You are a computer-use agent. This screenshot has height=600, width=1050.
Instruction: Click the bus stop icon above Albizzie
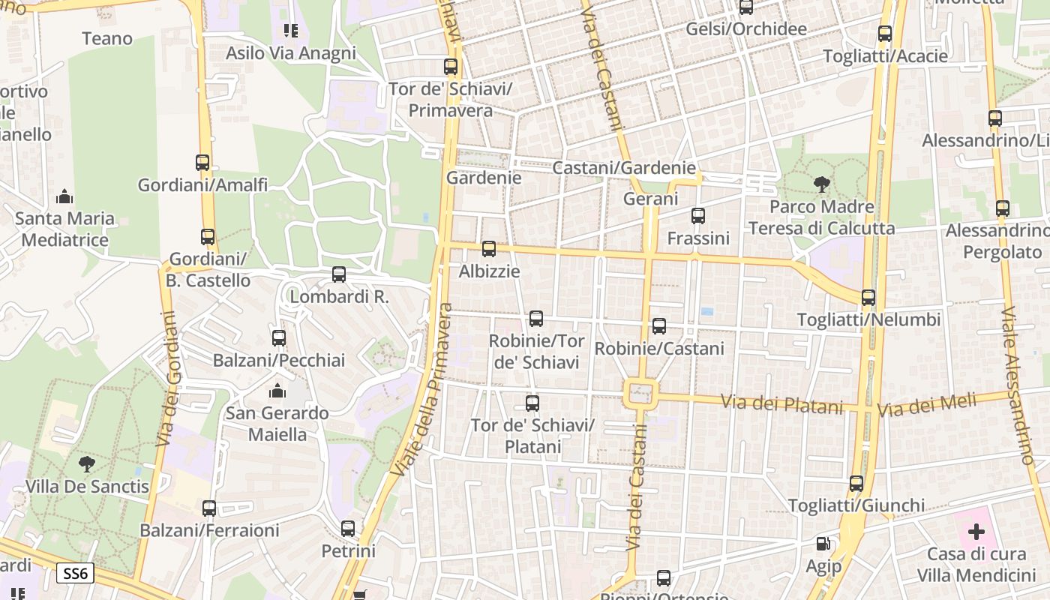[x=489, y=249]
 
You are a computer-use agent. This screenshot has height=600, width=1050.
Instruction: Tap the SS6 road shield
[x=75, y=574]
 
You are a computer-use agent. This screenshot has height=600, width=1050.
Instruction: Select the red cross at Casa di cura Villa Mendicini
[x=976, y=532]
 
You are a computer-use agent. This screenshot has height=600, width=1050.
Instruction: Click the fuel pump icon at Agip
[x=823, y=544]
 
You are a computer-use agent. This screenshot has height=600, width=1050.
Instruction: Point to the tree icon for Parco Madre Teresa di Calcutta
[x=822, y=184]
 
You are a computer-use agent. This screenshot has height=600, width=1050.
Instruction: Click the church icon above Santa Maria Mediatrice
[x=64, y=197]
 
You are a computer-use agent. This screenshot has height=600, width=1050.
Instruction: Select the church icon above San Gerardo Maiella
[x=277, y=391]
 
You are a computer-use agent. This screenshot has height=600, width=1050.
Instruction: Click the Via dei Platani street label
[x=782, y=405]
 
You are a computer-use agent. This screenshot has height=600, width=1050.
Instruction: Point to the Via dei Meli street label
[x=927, y=406]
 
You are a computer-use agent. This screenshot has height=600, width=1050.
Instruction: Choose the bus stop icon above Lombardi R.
[x=339, y=274]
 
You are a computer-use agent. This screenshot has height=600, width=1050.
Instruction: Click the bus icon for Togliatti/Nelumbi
[x=868, y=298]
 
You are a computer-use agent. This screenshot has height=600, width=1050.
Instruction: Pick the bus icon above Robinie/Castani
[x=659, y=326]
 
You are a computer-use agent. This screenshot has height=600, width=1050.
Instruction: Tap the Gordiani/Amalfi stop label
[x=202, y=184]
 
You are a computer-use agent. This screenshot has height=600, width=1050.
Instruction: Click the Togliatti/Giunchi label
[x=856, y=505]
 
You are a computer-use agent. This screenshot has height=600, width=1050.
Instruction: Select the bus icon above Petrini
[x=348, y=529]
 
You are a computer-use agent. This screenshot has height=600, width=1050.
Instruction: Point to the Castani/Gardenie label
[x=624, y=168]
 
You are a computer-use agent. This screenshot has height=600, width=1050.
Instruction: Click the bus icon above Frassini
[x=698, y=216]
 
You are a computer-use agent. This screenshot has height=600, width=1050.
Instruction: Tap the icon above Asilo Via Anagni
[x=290, y=31]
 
